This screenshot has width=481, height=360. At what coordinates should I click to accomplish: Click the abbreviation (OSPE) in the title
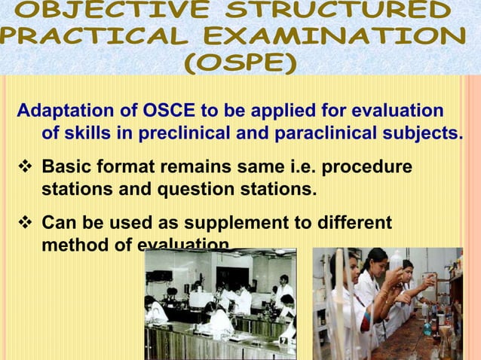[240, 63]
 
